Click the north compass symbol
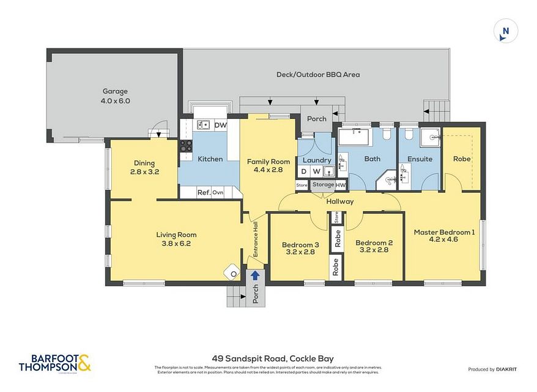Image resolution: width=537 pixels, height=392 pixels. tap(505, 31)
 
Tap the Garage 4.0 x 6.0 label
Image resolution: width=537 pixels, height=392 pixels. tap(116, 96)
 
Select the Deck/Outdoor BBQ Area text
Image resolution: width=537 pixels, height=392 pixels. tap(318, 75)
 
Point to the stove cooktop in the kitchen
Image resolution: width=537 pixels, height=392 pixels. tap(185, 146)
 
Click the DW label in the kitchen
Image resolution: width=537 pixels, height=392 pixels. tap(220, 125)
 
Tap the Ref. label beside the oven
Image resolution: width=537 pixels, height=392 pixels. tap(204, 192)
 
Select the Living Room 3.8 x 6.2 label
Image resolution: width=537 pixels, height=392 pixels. tap(176, 239)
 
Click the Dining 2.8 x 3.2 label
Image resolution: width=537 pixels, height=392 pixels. tap(144, 167)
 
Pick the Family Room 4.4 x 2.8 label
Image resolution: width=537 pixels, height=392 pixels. tap(264, 166)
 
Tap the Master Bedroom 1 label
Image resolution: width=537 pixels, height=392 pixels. tap(444, 236)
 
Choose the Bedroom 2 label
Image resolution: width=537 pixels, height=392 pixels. tap(374, 246)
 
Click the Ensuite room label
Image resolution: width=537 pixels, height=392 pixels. tap(420, 159)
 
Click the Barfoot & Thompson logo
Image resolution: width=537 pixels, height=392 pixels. tap(54, 363)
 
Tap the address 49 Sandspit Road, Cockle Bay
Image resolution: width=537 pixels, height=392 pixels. tap(272, 359)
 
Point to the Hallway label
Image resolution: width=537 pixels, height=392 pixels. tap(339, 201)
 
